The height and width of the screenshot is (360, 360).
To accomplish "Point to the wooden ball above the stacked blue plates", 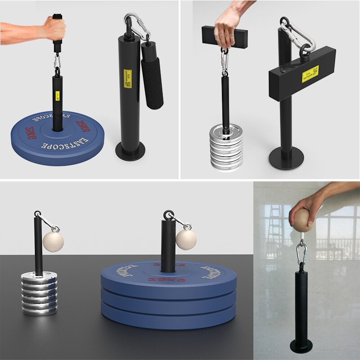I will coord(186,239).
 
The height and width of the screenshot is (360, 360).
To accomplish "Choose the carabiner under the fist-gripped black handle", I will coord(57,60).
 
